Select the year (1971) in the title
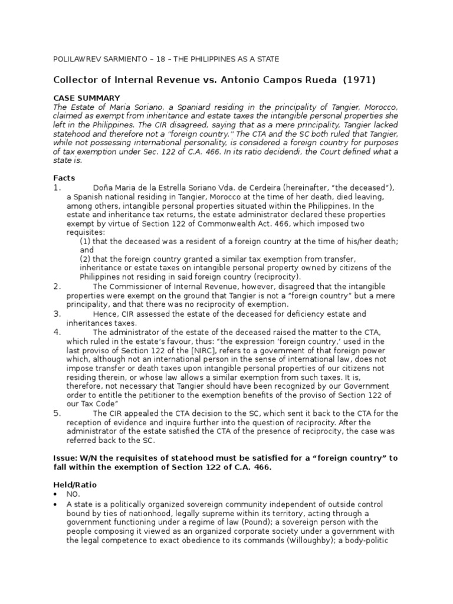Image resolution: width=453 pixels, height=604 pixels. (354, 80)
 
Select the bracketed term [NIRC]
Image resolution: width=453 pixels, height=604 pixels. (180, 350)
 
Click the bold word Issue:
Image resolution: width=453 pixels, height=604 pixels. (67, 458)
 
